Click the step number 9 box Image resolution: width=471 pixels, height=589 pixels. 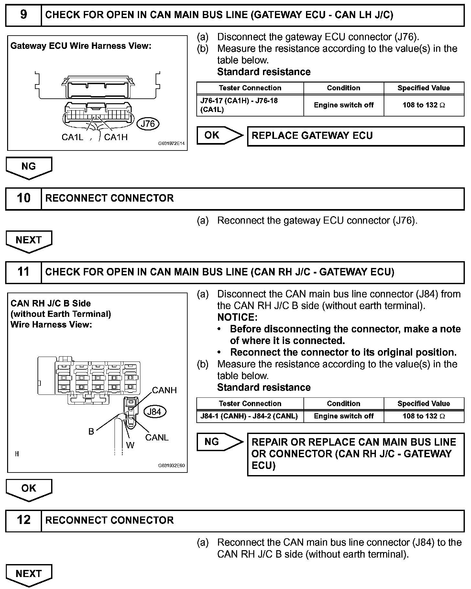24,15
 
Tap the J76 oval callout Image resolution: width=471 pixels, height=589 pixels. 148,124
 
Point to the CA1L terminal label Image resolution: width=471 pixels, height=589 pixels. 72,137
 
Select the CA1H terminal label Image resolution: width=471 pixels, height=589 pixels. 116,137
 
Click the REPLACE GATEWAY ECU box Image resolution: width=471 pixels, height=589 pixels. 356,136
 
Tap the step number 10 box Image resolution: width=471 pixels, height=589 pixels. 24,198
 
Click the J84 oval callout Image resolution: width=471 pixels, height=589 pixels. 154,412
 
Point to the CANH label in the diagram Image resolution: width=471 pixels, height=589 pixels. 164,390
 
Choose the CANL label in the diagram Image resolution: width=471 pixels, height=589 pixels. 157,438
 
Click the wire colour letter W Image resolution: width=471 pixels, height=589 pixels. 130,446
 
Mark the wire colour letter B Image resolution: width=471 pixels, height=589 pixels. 91,432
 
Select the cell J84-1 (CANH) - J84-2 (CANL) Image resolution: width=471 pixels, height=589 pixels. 250,416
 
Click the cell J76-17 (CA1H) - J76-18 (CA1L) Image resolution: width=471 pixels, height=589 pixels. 250,105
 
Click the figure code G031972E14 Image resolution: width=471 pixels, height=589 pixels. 171,143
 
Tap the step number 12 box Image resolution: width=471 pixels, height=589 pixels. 24,520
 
